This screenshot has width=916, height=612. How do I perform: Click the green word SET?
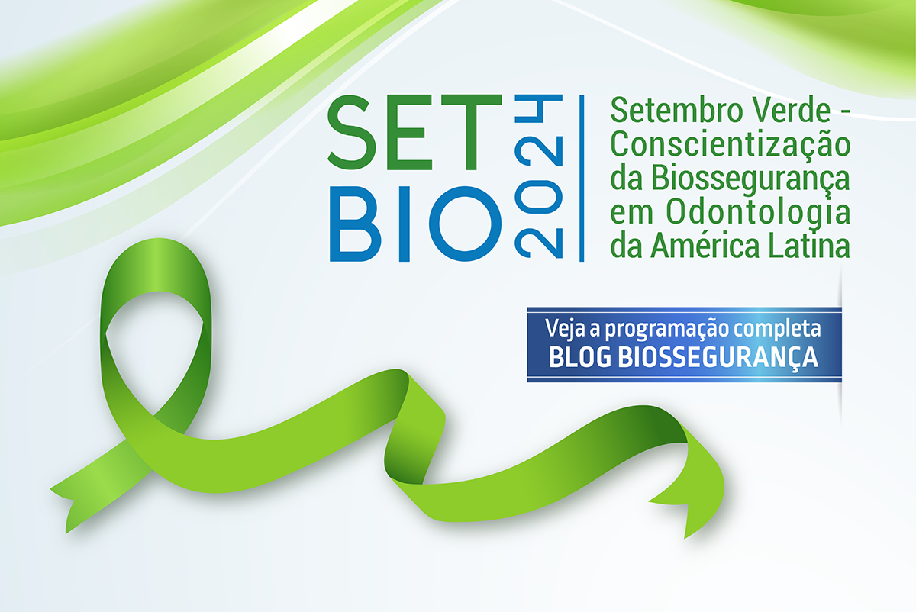pyautogui.click(x=414, y=132)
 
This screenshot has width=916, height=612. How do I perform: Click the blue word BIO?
pyautogui.click(x=415, y=224)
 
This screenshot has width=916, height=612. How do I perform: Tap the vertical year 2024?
pyautogui.click(x=539, y=176)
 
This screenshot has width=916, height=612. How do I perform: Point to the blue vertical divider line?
pyautogui.click(x=582, y=179)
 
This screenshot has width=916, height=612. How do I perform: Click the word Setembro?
pyautogui.click(x=676, y=111)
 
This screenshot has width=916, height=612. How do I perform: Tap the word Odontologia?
pyautogui.click(x=758, y=214)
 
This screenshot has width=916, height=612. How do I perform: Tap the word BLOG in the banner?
pyautogui.click(x=580, y=357)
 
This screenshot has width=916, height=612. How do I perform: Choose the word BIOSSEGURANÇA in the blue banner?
pyautogui.click(x=718, y=359)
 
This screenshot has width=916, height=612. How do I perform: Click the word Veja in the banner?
pyautogui.click(x=566, y=329)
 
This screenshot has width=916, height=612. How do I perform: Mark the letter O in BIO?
pyautogui.click(x=466, y=224)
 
